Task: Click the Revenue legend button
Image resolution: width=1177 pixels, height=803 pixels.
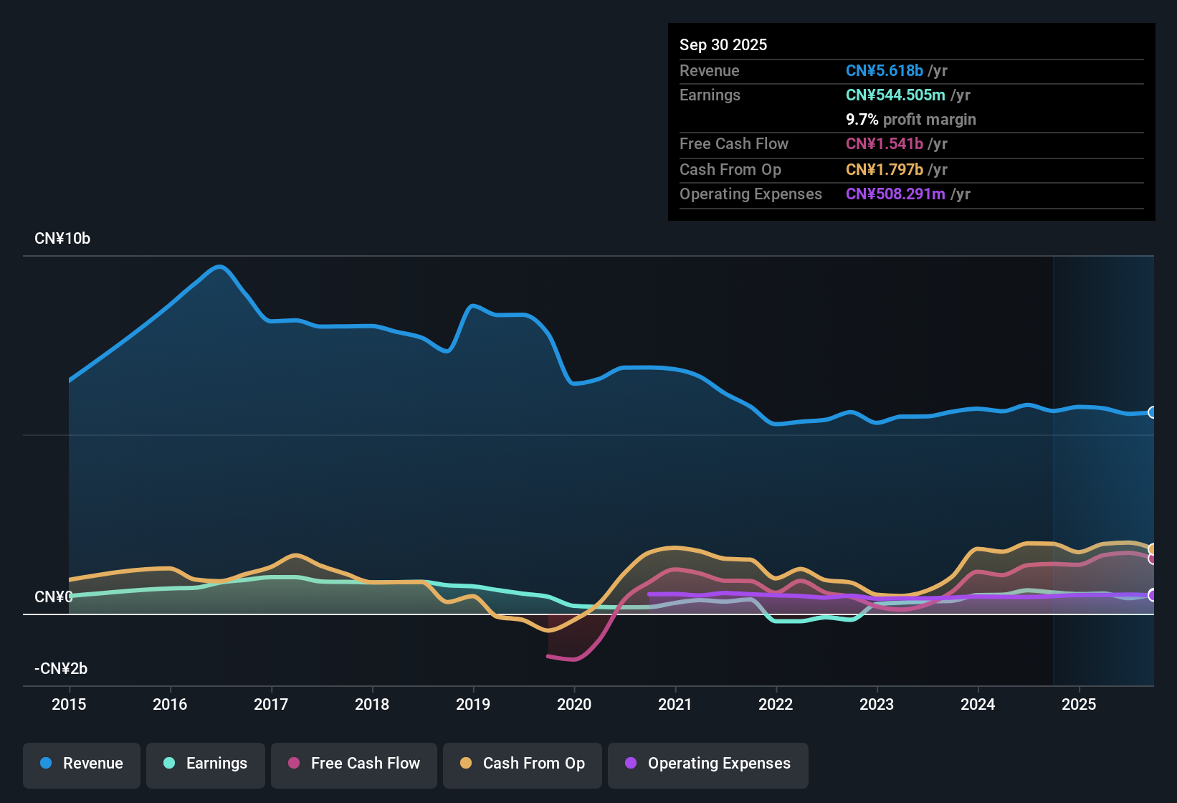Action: click(x=82, y=764)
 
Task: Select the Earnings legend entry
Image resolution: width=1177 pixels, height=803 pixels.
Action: click(x=206, y=764)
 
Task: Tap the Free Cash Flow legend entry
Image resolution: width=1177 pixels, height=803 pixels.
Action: click(x=354, y=764)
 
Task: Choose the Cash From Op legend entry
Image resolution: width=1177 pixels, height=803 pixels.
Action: click(x=523, y=764)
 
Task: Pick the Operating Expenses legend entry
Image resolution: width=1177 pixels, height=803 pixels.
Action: click(x=708, y=764)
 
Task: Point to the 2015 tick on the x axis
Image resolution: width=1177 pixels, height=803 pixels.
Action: click(x=69, y=704)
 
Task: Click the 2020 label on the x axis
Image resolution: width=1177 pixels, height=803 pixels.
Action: click(x=574, y=704)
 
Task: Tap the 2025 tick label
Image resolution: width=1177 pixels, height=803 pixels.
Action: click(x=1079, y=704)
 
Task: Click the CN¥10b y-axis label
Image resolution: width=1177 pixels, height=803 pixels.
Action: click(x=62, y=239)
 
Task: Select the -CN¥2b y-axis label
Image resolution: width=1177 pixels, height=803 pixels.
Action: click(x=61, y=669)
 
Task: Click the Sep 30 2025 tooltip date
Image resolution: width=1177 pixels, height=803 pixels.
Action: click(x=723, y=44)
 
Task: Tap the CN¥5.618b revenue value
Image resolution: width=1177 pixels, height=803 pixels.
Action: click(x=885, y=70)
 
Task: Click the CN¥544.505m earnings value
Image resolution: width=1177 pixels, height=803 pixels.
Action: click(x=895, y=95)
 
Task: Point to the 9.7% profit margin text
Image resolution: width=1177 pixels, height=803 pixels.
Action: click(x=911, y=119)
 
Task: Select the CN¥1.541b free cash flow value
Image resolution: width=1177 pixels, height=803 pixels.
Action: click(x=885, y=143)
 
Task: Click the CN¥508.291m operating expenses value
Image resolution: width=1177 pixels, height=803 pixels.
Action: click(x=895, y=194)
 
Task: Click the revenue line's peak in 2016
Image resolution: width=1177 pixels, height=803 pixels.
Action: click(x=220, y=267)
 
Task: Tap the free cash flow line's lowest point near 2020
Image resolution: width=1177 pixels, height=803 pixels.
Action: click(x=573, y=660)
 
